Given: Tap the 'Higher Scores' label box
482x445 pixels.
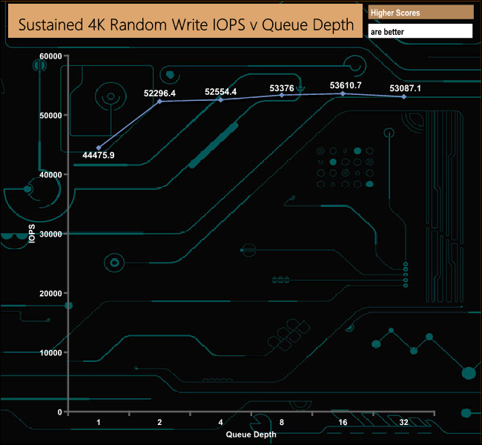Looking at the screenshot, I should [x=420, y=13].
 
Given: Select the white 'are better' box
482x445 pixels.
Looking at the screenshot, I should [x=420, y=32].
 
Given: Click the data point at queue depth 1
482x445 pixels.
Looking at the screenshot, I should [x=99, y=148].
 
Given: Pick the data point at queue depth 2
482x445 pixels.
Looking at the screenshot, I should [x=159, y=102].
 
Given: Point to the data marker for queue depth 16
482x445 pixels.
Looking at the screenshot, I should [x=343, y=93].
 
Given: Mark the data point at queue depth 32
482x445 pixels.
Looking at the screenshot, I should [x=403, y=96].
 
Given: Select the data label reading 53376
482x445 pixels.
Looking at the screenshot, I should [x=282, y=88].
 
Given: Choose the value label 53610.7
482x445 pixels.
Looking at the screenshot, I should [x=346, y=85].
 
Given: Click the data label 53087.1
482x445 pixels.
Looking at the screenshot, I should [x=405, y=88].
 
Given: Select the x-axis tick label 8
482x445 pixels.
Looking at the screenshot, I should [x=282, y=422].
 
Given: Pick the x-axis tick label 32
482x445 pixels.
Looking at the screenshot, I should [x=403, y=422].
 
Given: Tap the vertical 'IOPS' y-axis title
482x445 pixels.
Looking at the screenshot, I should [x=32, y=233].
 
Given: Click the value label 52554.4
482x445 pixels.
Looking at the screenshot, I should [x=221, y=92].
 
